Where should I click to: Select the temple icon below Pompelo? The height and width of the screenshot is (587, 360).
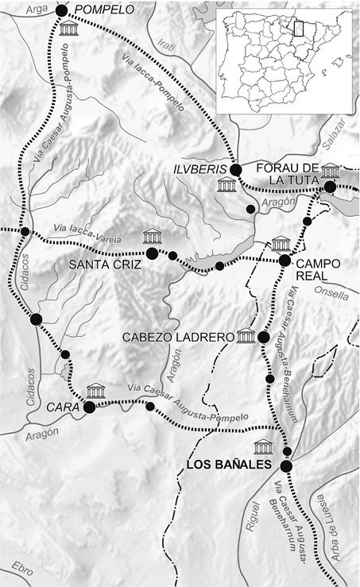coord(69,29)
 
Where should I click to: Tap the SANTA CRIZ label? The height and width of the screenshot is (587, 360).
coord(106,263)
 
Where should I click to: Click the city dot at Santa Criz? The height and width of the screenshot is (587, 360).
coord(152,253)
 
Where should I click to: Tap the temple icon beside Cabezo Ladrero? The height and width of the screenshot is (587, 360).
coord(246,335)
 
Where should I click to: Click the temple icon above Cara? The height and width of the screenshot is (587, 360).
coord(96,390)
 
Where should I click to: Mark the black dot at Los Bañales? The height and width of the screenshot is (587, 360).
coord(286,465)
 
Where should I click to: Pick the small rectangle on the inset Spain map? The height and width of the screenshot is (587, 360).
coord(300,29)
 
